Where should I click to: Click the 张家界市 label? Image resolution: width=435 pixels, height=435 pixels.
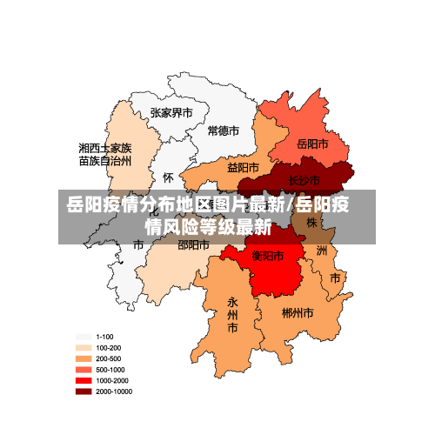click(171, 113)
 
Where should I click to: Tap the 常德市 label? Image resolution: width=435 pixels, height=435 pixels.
click(224, 131)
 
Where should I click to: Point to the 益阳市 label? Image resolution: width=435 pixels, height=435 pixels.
click(243, 167)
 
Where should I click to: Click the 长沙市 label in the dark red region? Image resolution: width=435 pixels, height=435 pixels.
click(304, 181)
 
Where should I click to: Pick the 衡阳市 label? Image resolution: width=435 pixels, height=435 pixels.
click(267, 256)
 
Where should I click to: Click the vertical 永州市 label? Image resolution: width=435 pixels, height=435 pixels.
click(232, 314)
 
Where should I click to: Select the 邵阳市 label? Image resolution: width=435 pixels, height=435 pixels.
click(193, 245)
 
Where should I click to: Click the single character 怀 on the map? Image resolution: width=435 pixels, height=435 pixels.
click(169, 177)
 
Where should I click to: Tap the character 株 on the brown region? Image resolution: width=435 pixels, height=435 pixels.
click(311, 224)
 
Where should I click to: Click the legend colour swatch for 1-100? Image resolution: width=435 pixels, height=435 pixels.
click(84, 337)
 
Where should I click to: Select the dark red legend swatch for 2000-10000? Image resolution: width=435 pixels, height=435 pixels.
click(84, 392)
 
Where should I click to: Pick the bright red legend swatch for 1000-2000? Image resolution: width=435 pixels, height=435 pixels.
click(84, 381)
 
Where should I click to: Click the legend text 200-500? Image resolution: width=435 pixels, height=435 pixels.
click(109, 358)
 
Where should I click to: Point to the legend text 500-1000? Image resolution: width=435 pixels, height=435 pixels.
click(110, 370)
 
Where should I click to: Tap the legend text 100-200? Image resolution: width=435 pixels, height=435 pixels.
click(109, 347)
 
